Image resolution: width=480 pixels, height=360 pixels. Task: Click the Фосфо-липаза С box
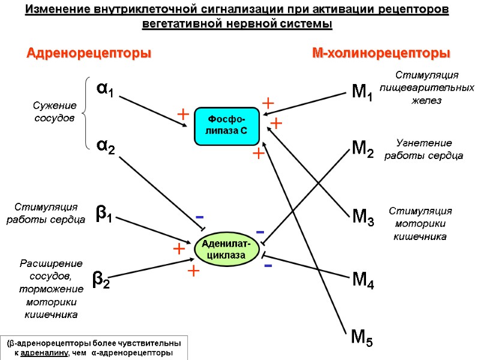point(226,126)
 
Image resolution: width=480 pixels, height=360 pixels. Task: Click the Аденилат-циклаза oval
point(227,249)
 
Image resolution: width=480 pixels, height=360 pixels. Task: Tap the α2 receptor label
point(106,146)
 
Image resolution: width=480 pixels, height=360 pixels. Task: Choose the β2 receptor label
point(101,279)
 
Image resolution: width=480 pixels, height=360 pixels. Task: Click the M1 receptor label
point(362,93)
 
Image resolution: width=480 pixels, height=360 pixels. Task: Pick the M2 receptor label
point(362,149)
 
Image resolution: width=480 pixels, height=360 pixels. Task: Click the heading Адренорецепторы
point(88,53)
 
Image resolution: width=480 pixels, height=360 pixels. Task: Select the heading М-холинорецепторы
point(380,53)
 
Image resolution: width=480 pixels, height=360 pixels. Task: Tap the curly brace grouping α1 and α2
point(86,113)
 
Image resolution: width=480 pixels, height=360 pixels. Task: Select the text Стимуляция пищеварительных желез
point(427,88)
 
